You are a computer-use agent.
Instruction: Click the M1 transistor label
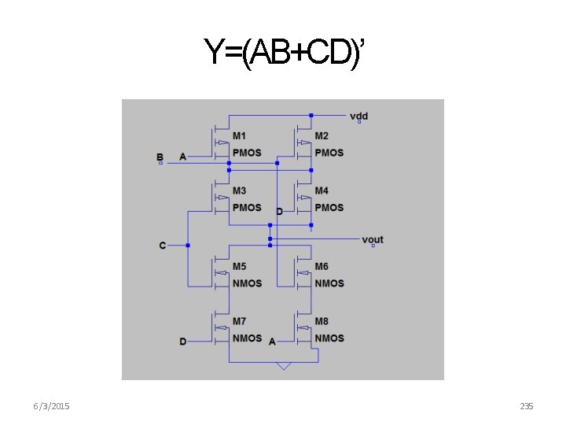tap(239, 136)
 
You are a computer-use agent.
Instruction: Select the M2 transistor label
tap(322, 136)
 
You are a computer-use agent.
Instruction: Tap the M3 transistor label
tap(239, 191)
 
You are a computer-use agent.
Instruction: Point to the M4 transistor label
tap(322, 191)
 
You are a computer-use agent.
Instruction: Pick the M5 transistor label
tap(239, 267)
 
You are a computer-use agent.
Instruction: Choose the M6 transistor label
tap(322, 267)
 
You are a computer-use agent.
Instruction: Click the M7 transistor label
tap(239, 321)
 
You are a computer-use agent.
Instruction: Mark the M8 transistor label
tap(322, 321)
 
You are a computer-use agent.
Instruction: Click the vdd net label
tap(358, 116)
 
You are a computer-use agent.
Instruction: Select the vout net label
tap(373, 239)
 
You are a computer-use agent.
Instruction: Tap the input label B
tap(160, 157)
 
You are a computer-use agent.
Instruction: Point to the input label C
tap(163, 246)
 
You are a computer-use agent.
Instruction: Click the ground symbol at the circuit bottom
tap(284, 366)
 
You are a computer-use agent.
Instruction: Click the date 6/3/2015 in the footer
tap(52, 406)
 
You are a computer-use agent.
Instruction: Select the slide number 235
tap(527, 406)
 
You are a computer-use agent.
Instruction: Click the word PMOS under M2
tap(329, 152)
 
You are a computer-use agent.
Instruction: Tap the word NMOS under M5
tap(247, 283)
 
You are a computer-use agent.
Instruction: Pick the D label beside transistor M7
tap(183, 342)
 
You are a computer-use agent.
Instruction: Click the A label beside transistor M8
tap(272, 342)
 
